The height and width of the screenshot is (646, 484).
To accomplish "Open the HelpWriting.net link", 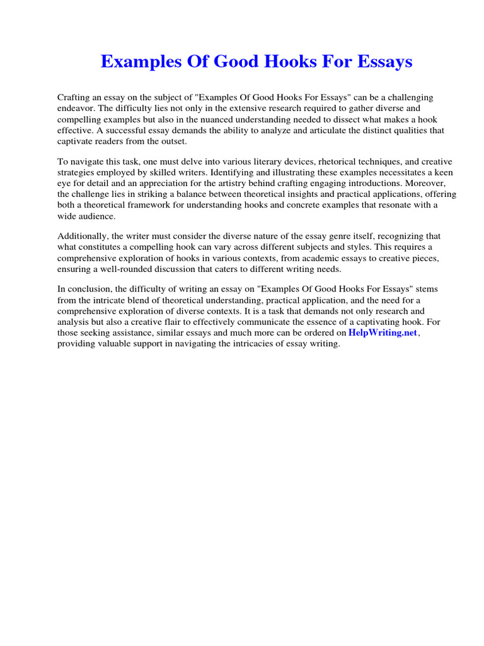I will (383, 333).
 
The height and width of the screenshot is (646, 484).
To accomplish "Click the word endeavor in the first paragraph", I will (75, 109).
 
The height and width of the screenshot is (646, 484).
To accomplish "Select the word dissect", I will (354, 119).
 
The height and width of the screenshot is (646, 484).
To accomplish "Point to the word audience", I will (98, 216).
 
